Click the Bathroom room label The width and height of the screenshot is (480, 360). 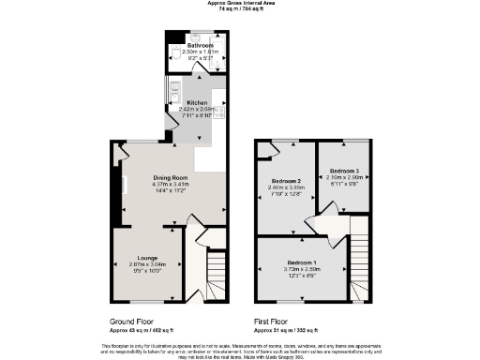[200, 45]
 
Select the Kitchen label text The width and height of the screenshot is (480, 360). [197, 102]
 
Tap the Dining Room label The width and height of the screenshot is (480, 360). [172, 178]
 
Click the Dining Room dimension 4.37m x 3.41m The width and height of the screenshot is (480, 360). [172, 185]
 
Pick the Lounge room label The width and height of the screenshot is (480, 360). [146, 257]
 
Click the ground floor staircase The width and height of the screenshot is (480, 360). [216, 272]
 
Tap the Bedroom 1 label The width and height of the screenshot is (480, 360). [302, 261]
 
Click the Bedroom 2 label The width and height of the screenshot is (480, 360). [286, 180]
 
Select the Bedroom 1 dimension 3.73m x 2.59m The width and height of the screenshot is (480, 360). [302, 267]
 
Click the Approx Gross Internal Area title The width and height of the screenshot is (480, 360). [240, 3]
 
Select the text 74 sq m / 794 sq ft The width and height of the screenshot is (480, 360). [240, 8]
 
